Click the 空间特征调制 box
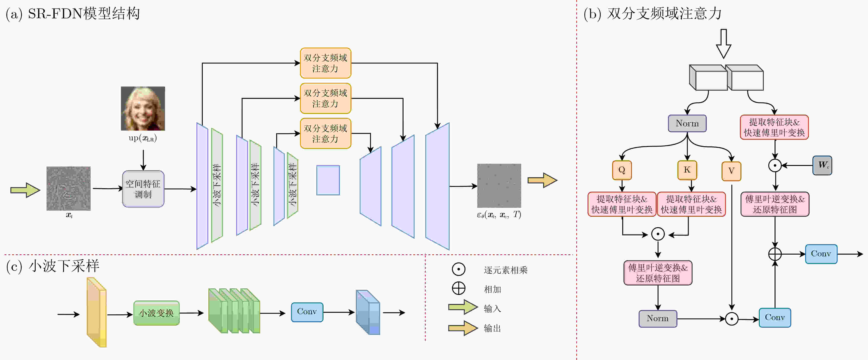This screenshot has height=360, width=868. click(143, 189)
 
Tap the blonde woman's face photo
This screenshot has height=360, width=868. click(143, 108)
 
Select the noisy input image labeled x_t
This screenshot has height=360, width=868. click(68, 189)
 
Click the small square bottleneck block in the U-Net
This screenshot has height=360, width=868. click(328, 180)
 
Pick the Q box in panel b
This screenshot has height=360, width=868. click(622, 170)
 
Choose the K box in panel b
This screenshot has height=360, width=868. click(687, 170)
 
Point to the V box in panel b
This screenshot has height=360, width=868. click(731, 171)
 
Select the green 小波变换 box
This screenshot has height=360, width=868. click(156, 313)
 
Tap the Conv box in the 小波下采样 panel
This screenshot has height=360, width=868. click(307, 312)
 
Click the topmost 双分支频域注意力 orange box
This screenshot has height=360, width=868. click(325, 63)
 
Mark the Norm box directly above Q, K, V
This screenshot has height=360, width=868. click(687, 124)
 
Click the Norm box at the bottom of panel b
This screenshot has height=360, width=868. click(658, 319)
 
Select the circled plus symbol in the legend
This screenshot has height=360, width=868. click(459, 289)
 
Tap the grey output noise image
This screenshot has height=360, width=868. click(499, 186)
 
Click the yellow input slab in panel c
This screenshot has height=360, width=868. click(97, 312)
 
